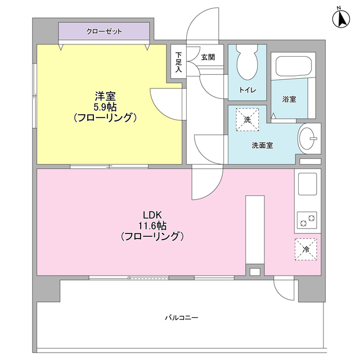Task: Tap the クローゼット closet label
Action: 104,31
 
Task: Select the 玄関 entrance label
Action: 208,57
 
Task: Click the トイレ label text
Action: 247,91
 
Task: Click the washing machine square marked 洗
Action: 247,119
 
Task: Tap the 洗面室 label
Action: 262,145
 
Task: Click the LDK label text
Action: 152,214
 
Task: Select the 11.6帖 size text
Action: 152,226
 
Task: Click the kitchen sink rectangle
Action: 307,183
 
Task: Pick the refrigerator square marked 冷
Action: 306,249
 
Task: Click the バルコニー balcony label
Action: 181,318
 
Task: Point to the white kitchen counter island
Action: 255,229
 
